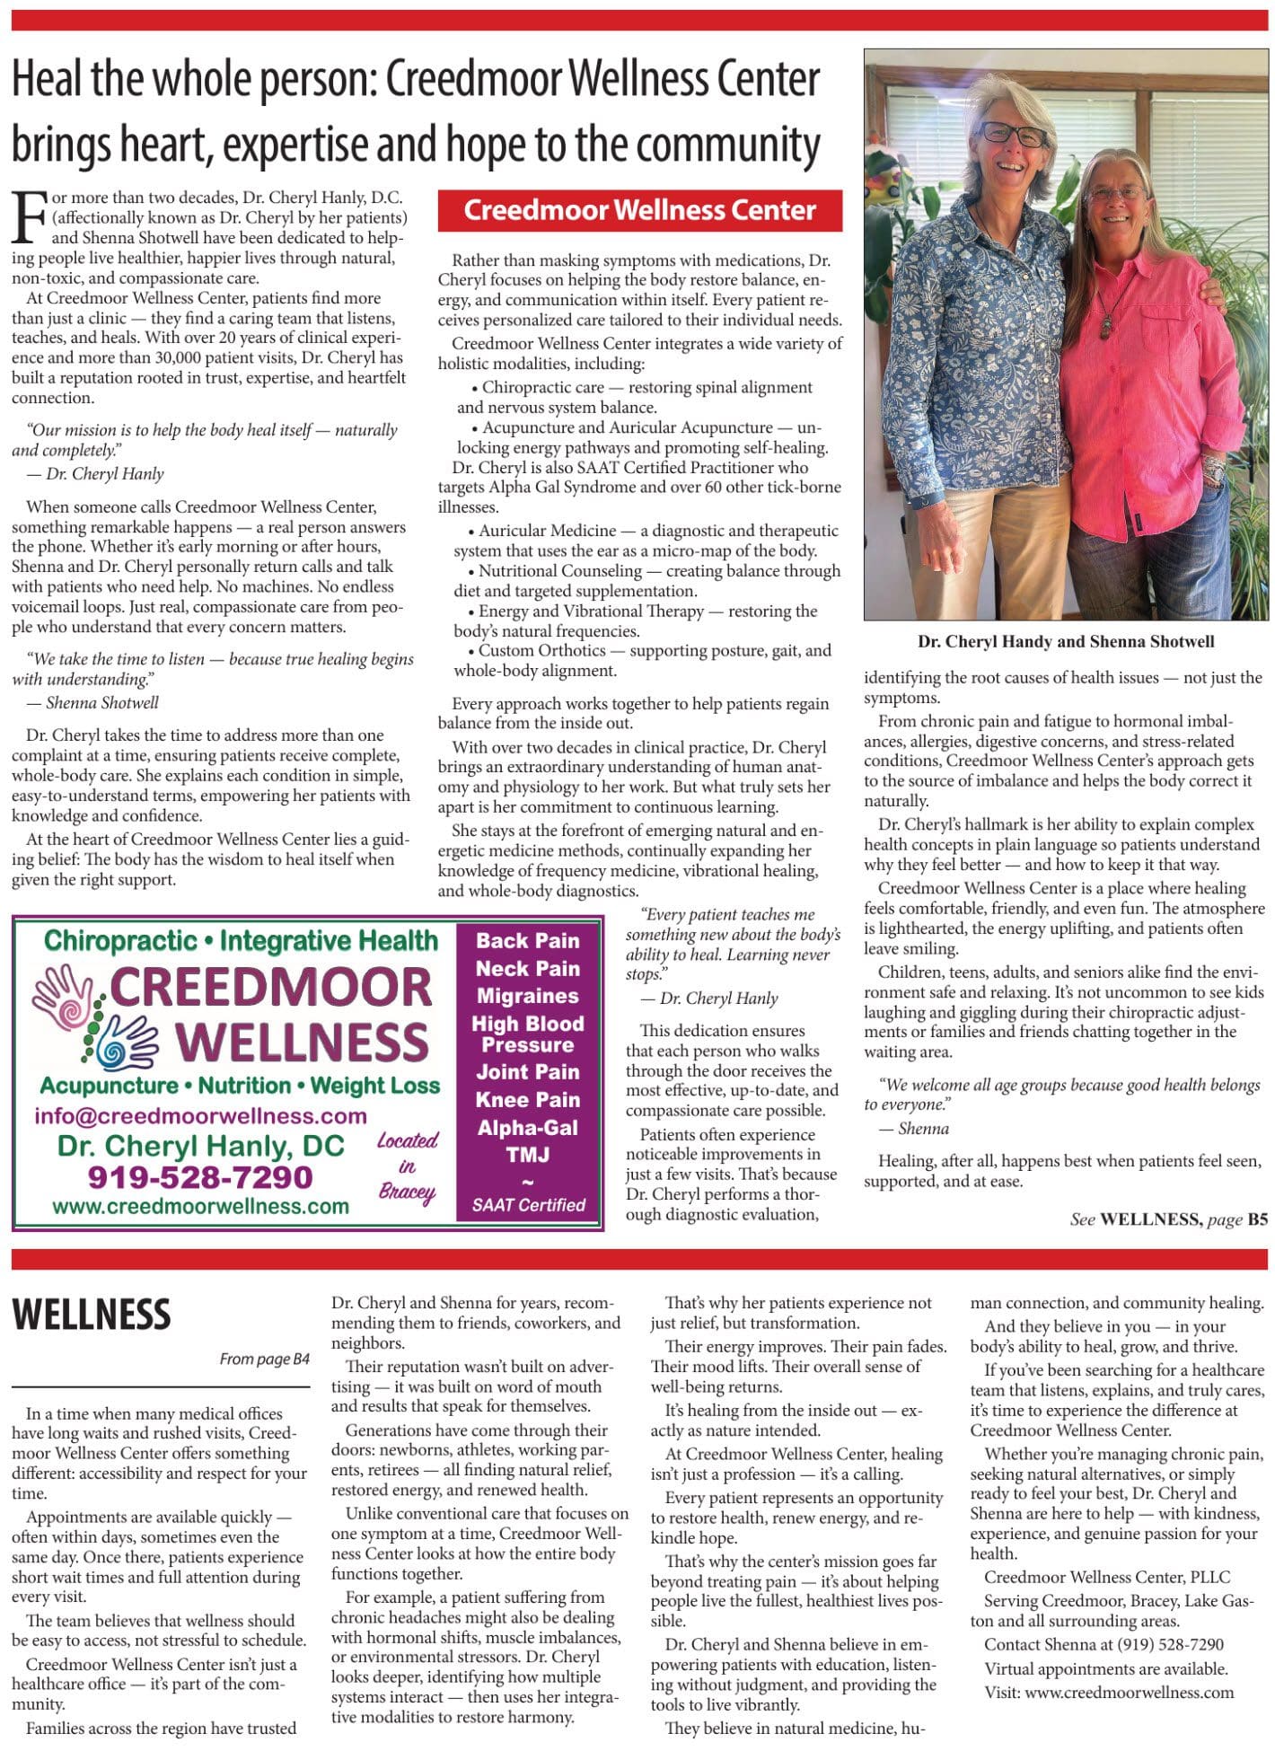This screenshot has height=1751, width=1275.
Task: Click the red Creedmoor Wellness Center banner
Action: (x=639, y=210)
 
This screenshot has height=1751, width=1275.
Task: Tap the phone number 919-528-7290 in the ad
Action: (x=199, y=1177)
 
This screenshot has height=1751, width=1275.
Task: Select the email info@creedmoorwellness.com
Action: (x=200, y=1116)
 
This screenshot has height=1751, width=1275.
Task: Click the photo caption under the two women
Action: (x=1065, y=642)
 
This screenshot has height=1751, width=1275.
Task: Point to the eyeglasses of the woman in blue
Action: (x=1013, y=134)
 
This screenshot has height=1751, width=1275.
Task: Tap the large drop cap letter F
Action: (x=29, y=217)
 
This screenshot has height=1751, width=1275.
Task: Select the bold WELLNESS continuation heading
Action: (x=91, y=1315)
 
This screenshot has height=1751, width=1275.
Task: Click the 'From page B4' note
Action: (x=264, y=1359)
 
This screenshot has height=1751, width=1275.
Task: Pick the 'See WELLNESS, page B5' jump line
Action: (x=1168, y=1219)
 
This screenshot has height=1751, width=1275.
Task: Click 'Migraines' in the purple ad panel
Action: (x=527, y=996)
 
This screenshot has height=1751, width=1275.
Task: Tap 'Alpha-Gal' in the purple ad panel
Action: (x=527, y=1128)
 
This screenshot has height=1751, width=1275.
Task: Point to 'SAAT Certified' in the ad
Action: (x=528, y=1205)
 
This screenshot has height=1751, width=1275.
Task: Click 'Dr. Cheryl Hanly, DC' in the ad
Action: (x=200, y=1147)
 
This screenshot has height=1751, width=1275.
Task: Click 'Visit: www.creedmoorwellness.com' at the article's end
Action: (x=1109, y=1693)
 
